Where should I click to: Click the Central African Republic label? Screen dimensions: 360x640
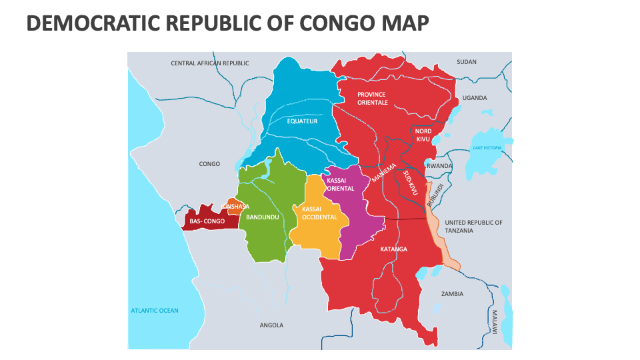coord(210,63)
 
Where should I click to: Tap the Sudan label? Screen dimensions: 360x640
coord(467,62)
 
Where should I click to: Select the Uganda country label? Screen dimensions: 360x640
coord(475,98)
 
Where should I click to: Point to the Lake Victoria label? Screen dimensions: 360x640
coord(487,147)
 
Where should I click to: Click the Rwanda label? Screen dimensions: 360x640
coord(440,166)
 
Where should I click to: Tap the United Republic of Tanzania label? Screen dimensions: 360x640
coord(473,226)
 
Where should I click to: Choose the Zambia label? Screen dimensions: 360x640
coord(452,293)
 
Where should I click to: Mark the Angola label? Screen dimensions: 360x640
coord(271,325)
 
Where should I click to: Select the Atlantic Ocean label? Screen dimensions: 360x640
coord(155,311)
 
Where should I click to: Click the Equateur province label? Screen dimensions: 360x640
coord(302,121)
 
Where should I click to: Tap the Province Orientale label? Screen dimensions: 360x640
coord(372,99)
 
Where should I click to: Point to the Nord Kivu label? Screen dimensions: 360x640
coord(423,135)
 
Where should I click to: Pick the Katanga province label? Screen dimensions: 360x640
coord(393,249)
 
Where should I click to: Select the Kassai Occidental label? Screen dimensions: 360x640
coord(319,213)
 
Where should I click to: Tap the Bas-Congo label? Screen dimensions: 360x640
coord(207,221)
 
